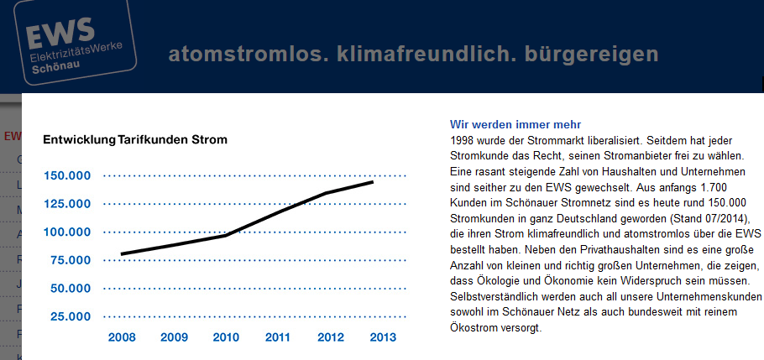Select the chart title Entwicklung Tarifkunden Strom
pyautogui.click(x=135, y=139)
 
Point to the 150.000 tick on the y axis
pyautogui.click(x=67, y=176)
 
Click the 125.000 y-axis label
pyautogui.click(x=67, y=204)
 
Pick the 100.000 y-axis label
pyautogui.click(x=67, y=232)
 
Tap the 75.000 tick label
pyautogui.click(x=71, y=260)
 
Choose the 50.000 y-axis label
pyautogui.click(x=71, y=289)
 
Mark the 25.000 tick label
pyautogui.click(x=71, y=316)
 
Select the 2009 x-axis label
pyautogui.click(x=174, y=337)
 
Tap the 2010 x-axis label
pyautogui.click(x=225, y=337)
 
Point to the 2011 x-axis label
pyautogui.click(x=278, y=337)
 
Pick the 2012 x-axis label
pyautogui.click(x=330, y=337)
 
